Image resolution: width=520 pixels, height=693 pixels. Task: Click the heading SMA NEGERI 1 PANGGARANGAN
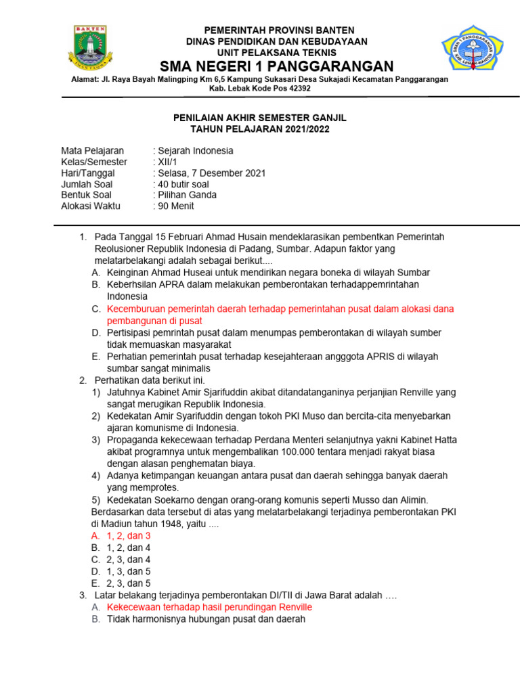click(276, 66)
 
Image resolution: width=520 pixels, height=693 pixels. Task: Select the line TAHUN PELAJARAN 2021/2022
click(260, 129)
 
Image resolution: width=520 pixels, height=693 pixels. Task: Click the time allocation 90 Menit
click(176, 206)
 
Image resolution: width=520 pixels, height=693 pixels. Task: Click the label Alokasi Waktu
click(90, 206)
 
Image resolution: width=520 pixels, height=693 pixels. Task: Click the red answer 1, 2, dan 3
click(129, 535)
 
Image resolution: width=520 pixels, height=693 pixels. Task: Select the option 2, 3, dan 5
click(129, 583)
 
